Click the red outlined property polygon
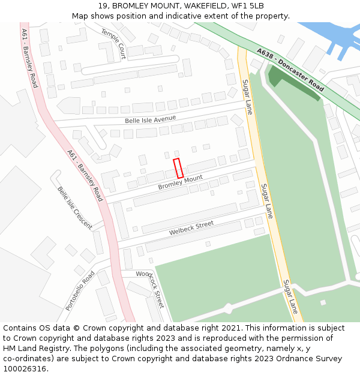tap(178, 167)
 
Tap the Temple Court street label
tap(113, 43)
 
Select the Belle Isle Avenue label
tap(151, 120)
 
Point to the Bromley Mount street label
tap(181, 182)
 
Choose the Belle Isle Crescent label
tap(74, 208)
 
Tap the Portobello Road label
tap(80, 290)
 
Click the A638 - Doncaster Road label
tap(290, 70)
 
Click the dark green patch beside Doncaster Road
tap(291, 84)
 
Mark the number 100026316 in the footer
tap(25, 369)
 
